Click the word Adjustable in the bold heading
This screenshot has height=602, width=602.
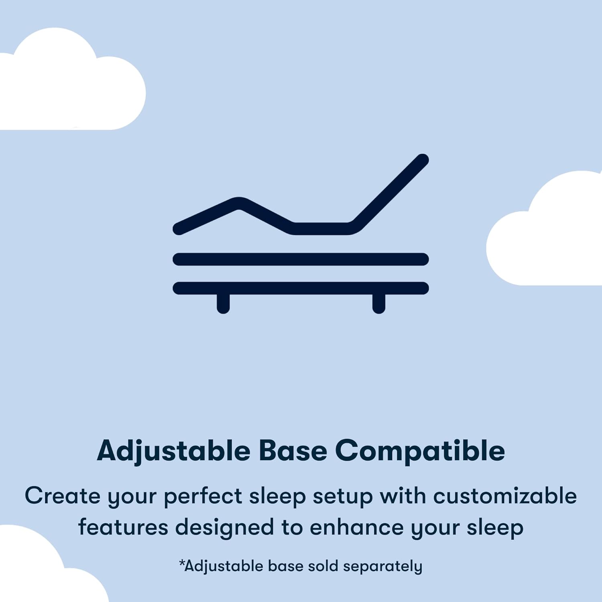coord(173,451)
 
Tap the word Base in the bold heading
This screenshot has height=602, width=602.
coord(293,451)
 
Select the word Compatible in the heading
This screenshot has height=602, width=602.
coord(420,451)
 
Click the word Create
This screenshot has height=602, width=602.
coord(62,496)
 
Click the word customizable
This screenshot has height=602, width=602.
coord(505,496)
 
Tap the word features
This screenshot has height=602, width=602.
coord(123,527)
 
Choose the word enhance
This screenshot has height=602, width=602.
coord(356,527)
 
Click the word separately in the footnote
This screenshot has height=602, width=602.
coord(382,567)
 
